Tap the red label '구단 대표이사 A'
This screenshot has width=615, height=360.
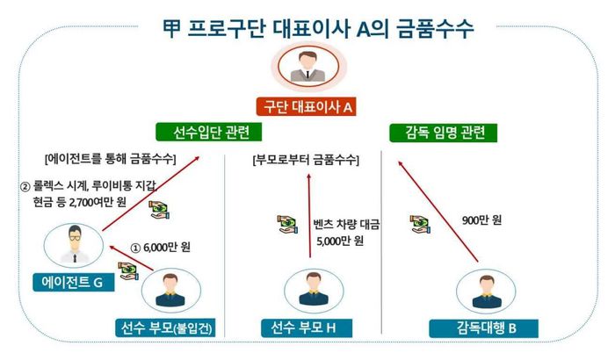(x=307, y=107)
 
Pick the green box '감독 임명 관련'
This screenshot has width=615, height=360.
(x=444, y=133)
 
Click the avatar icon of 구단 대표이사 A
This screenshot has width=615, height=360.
(x=307, y=65)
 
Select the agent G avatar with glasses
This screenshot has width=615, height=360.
(x=74, y=242)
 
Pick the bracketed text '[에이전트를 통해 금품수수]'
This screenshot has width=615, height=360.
(x=109, y=160)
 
